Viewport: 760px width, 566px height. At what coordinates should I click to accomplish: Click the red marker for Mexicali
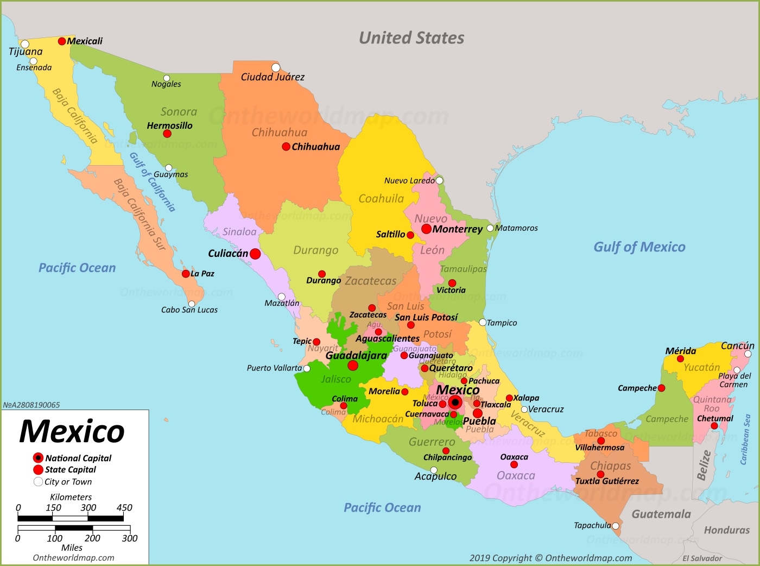[62, 41]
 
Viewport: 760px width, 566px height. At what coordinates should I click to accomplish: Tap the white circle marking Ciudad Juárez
[276, 67]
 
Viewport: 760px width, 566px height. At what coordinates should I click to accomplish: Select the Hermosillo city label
[169, 125]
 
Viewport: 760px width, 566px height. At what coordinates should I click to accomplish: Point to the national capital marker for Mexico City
[455, 403]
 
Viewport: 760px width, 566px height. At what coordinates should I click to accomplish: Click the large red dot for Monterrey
[427, 229]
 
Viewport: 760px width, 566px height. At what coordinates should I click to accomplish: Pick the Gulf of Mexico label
[639, 247]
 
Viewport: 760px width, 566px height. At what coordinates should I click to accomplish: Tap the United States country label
[411, 38]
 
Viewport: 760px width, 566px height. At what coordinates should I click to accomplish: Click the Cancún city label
[737, 345]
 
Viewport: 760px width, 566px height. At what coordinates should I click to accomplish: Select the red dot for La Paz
[186, 274]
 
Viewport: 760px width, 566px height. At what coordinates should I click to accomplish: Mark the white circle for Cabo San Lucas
[192, 304]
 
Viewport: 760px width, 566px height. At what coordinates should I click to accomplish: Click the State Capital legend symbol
[38, 470]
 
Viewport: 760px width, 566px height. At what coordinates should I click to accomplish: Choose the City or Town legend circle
[38, 482]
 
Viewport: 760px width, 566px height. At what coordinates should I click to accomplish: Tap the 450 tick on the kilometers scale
[124, 508]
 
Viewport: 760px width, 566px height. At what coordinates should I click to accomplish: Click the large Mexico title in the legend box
[72, 431]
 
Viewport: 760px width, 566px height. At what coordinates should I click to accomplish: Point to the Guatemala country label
[661, 514]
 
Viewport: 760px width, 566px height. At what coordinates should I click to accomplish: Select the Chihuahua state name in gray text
[279, 133]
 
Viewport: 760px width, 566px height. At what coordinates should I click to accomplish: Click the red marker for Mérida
[680, 359]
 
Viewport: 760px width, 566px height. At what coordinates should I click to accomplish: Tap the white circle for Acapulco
[434, 470]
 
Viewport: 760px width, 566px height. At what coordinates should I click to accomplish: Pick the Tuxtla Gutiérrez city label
[607, 481]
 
